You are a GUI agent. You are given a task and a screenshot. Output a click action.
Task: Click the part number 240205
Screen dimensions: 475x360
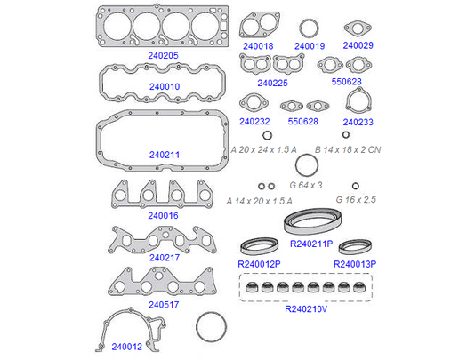click(x=163, y=55)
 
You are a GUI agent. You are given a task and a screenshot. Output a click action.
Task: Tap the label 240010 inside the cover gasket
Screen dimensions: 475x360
click(x=165, y=86)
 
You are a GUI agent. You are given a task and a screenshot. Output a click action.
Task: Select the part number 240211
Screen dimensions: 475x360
click(x=165, y=155)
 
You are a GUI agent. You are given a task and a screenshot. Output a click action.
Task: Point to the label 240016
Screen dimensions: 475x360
click(x=163, y=216)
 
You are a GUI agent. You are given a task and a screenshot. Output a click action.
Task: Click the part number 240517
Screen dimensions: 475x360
click(x=164, y=305)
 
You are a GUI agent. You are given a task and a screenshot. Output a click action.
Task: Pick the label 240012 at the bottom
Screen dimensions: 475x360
click(x=126, y=347)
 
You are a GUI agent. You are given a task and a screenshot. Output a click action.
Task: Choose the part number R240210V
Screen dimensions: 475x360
click(x=306, y=309)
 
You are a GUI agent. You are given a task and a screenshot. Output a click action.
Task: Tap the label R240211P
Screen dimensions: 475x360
click(x=311, y=244)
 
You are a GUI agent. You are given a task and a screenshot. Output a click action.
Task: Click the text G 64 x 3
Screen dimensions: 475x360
click(x=306, y=185)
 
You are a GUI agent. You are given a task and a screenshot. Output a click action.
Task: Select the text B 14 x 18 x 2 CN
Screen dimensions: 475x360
click(x=348, y=149)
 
